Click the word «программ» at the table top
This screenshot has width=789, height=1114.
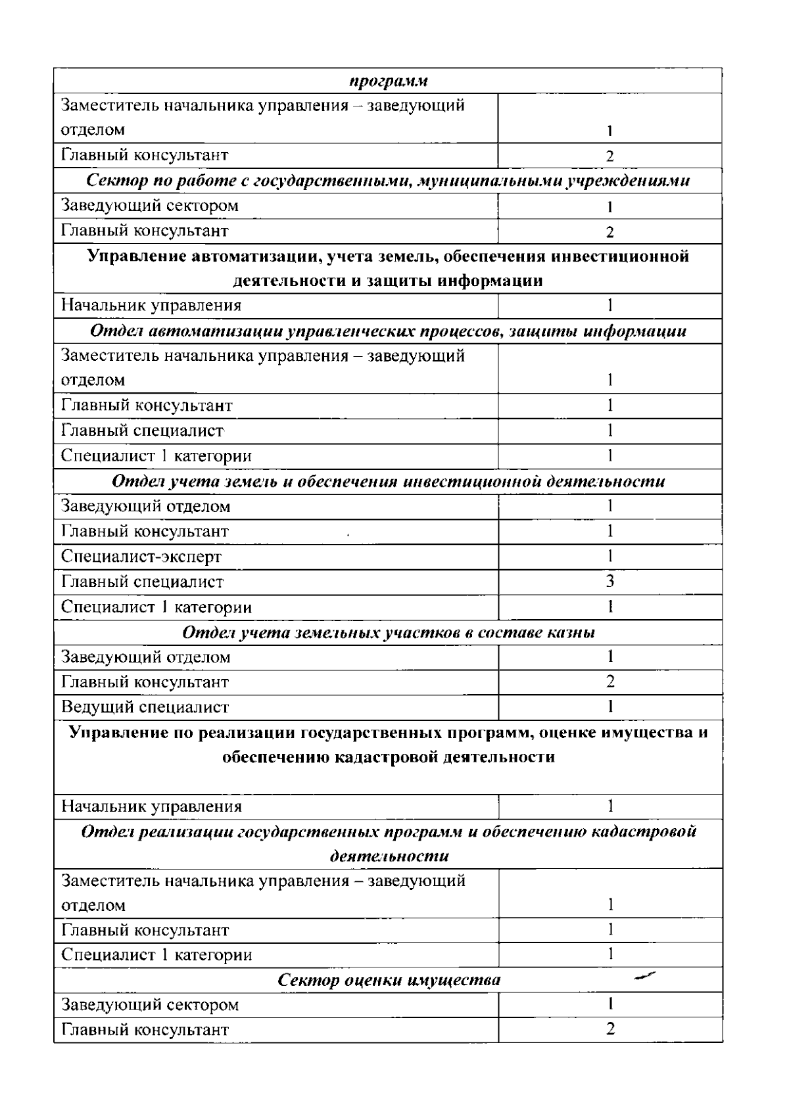388,81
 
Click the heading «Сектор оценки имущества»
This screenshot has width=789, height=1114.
389,980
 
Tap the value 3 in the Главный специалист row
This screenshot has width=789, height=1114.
610,581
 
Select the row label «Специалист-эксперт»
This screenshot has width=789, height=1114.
141,557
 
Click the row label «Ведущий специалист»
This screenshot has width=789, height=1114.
145,707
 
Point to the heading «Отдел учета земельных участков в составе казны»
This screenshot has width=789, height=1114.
389,632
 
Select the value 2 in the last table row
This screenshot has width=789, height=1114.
610,1029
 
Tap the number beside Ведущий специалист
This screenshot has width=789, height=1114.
610,707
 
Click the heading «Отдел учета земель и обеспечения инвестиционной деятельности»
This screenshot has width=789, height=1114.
389,481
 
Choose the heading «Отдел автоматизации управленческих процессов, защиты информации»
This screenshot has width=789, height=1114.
389,331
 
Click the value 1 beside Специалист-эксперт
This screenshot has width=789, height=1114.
610,556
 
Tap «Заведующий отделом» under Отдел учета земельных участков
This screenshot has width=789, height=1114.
145,657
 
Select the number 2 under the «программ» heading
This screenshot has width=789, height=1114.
610,156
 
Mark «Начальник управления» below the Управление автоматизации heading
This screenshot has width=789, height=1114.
151,306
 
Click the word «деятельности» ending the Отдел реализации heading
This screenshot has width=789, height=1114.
389,856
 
